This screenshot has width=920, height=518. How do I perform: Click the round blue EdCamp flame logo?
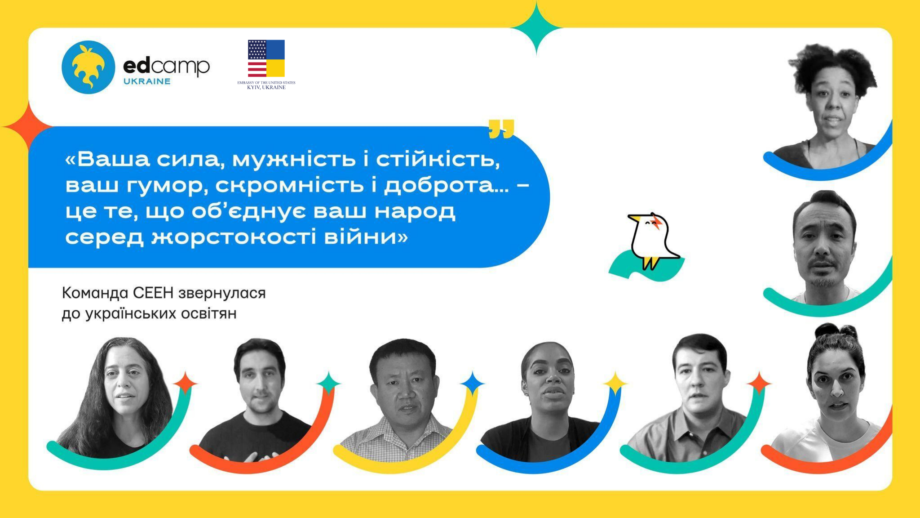pos(88,67)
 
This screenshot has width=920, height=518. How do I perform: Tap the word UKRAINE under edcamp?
pos(147,81)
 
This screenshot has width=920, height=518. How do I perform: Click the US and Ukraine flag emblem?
pos(266,58)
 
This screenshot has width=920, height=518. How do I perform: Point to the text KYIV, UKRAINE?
pos(266,87)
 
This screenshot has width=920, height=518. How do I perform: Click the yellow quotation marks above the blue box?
pos(501,129)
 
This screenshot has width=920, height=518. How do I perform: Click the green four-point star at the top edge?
pos(536,28)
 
